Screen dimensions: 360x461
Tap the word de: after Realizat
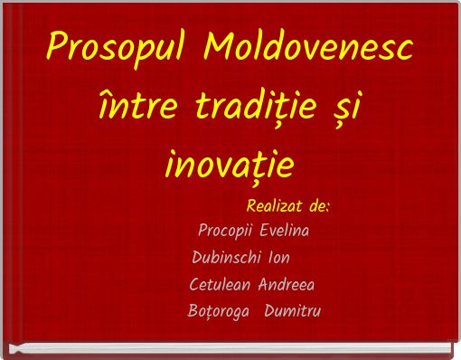(x=319, y=206)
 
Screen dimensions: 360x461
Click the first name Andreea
(x=287, y=285)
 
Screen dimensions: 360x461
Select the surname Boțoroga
(x=212, y=312)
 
